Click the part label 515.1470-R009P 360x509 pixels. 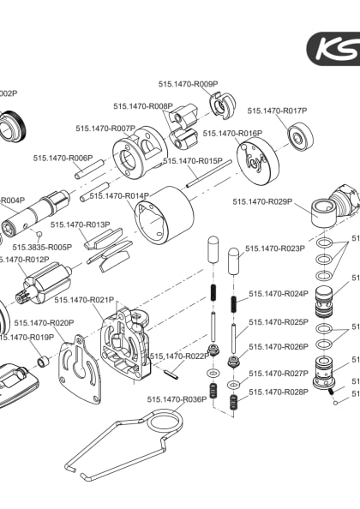(188, 84)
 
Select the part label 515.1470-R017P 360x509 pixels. (277, 111)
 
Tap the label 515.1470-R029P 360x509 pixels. (262, 202)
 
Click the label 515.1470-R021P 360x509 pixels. (83, 299)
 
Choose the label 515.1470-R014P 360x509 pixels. (119, 195)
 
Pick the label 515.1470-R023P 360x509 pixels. (275, 249)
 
